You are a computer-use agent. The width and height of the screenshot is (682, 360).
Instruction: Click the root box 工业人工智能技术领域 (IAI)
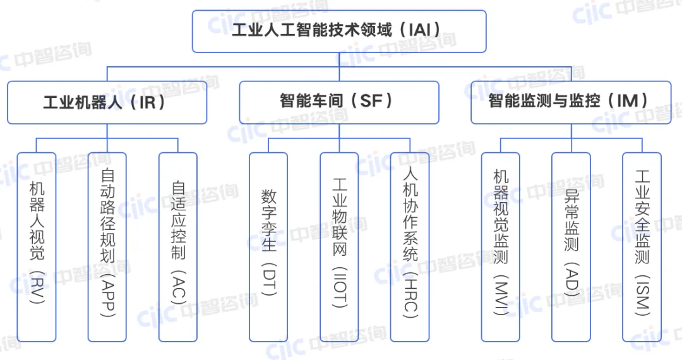coord(339,31)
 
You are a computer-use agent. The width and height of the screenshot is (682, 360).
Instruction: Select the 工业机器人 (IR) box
coord(107,102)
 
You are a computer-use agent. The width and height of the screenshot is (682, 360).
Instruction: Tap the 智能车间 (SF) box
coord(338,102)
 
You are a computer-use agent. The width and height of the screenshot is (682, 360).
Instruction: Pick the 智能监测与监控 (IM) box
coord(571,102)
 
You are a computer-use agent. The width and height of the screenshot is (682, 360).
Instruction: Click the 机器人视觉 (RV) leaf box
coord(37,246)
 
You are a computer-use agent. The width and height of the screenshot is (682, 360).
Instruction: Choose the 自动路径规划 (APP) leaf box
coord(107,246)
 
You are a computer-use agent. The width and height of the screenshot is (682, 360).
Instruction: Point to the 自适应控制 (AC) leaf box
coord(178,246)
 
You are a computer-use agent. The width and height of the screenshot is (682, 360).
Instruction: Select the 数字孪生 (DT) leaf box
coord(268,246)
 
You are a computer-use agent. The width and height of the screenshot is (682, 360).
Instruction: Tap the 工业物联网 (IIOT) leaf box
coord(339,246)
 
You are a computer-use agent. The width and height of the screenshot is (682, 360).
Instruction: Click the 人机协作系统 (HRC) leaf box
coord(410,246)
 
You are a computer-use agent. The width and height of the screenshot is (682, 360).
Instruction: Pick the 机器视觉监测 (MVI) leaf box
coord(501,246)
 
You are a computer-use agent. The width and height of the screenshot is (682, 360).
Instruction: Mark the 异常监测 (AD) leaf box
coord(571,246)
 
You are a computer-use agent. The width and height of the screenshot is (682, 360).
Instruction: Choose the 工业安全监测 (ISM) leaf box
coord(642,246)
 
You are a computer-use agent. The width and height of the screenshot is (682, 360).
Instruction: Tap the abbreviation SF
coord(371,101)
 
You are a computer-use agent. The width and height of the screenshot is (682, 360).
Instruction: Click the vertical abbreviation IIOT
coord(339,289)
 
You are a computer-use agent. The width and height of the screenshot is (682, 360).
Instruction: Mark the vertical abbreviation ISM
coord(642,296)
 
